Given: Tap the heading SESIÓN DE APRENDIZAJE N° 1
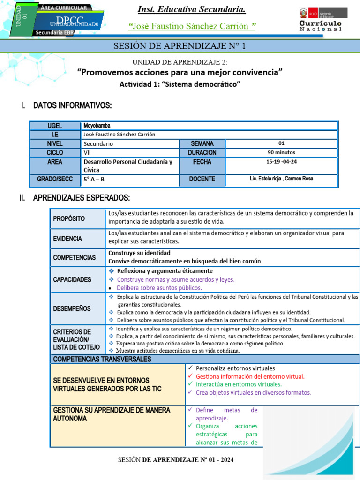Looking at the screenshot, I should [x=180, y=46].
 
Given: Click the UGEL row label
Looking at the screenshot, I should [x=55, y=126].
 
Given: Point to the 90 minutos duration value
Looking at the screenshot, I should [x=281, y=152].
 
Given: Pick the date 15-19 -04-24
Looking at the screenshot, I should [x=281, y=162].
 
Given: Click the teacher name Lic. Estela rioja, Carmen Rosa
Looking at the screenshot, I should [x=281, y=179].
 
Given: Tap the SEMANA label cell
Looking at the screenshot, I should [x=202, y=143].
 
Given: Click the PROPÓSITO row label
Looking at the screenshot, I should [x=69, y=218].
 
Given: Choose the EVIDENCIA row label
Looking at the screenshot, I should [x=67, y=239].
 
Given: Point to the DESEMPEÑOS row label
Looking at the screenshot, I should [x=72, y=308].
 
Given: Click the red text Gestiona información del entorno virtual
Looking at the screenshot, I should [x=250, y=376].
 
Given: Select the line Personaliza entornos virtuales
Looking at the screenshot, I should [x=235, y=368].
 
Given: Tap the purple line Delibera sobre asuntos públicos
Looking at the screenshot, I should [x=159, y=288].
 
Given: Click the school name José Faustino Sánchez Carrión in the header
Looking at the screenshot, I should [x=192, y=26].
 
